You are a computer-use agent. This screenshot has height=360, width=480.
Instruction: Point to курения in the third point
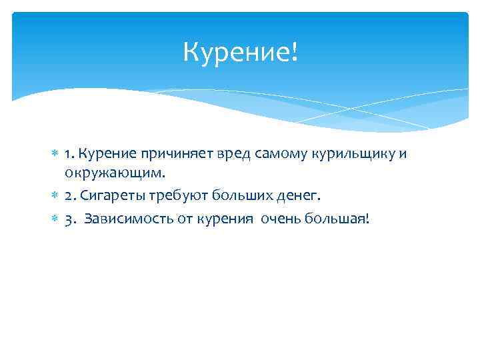[x=219, y=219]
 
